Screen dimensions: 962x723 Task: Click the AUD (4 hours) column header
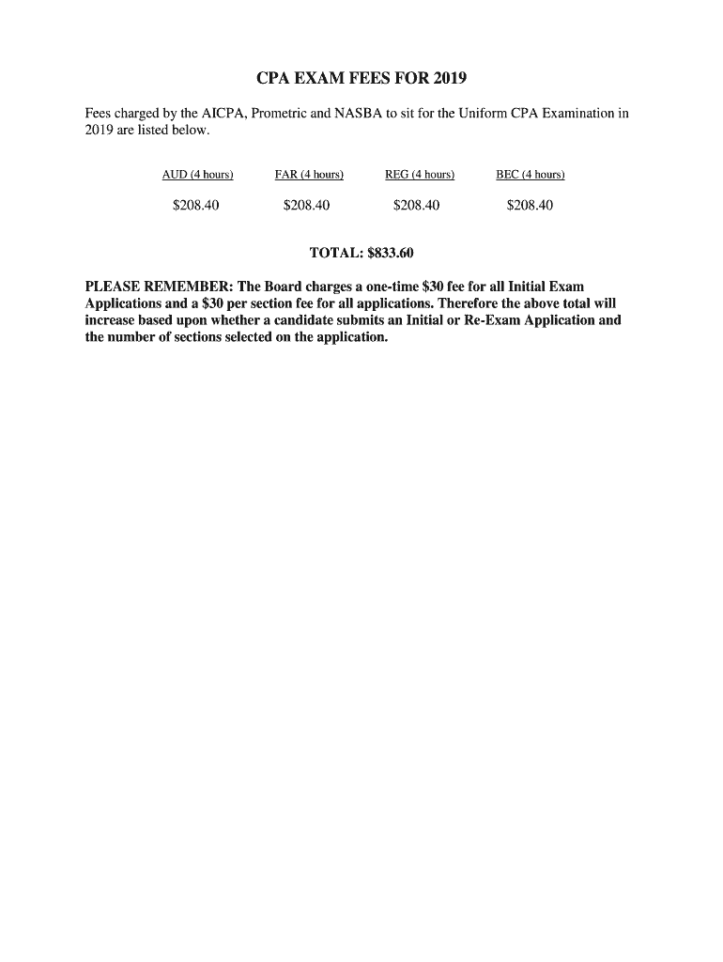pyautogui.click(x=197, y=175)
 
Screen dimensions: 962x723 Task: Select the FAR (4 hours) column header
pyautogui.click(x=309, y=175)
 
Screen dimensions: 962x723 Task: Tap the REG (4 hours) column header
pyautogui.click(x=420, y=175)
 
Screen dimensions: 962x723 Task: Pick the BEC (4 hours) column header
pyautogui.click(x=531, y=175)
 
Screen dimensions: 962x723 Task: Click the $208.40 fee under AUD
pyautogui.click(x=196, y=205)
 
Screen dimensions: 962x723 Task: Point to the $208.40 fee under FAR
pyautogui.click(x=306, y=205)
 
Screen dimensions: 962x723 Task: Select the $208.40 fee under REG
pyautogui.click(x=417, y=205)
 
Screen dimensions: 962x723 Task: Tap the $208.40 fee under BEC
pyautogui.click(x=530, y=205)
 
